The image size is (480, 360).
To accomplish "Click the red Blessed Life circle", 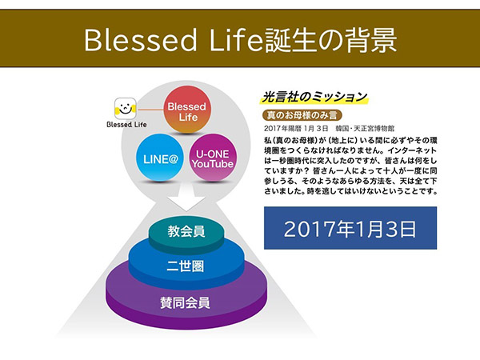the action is click(x=187, y=110).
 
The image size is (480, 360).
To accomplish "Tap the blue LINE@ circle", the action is click(x=160, y=158).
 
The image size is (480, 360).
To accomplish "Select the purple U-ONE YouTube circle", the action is click(x=213, y=158).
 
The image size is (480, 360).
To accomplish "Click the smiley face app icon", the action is click(x=126, y=109).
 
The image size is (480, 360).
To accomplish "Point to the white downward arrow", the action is click(x=186, y=197).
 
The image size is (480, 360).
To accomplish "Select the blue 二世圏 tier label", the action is click(x=186, y=266).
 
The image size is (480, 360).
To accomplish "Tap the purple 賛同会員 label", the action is click(x=186, y=303).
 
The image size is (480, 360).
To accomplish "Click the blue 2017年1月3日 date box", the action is click(x=350, y=228).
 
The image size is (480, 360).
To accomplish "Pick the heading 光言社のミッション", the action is click(x=314, y=97).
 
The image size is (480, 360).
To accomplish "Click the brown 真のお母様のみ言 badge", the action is click(x=302, y=115).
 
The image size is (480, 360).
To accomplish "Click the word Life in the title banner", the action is click(x=236, y=41).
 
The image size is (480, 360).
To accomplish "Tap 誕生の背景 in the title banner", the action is click(x=330, y=41).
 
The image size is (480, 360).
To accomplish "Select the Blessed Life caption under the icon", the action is click(x=126, y=124).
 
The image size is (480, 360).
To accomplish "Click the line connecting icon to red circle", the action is click(x=150, y=110).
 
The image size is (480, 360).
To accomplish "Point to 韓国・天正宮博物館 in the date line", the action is click(x=365, y=128).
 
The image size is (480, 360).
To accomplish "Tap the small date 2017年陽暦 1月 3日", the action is click(x=296, y=128).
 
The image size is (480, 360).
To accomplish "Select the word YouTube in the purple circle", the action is click(x=213, y=164).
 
